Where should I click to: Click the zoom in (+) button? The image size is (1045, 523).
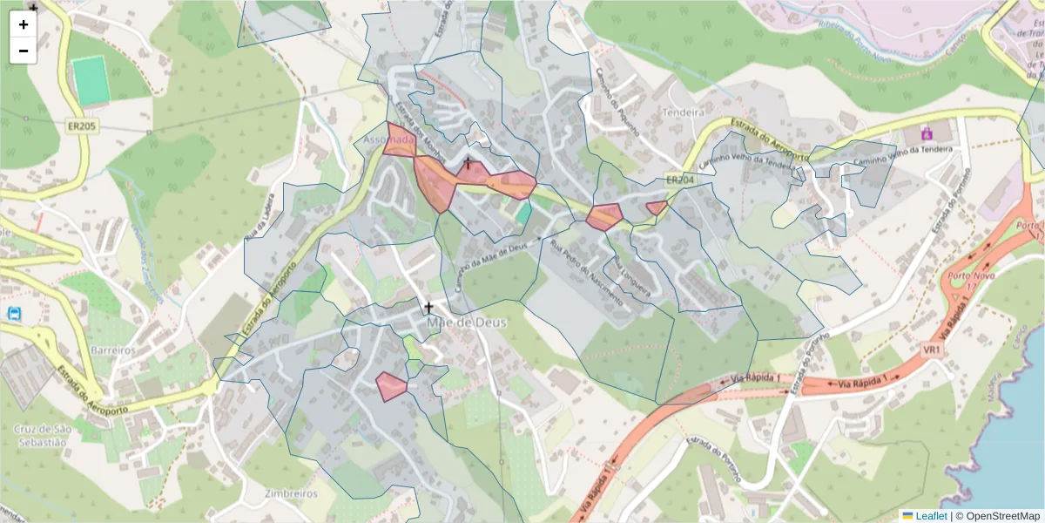click(24, 24)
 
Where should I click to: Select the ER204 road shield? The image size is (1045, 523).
click(680, 180)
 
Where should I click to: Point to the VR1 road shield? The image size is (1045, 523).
click(933, 350)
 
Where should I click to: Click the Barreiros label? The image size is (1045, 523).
click(112, 350)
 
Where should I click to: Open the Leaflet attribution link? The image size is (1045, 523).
click(930, 516)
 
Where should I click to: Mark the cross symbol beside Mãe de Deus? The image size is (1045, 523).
click(428, 307)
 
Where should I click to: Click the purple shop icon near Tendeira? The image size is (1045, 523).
click(926, 133)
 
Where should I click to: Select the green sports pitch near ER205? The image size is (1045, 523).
click(89, 80)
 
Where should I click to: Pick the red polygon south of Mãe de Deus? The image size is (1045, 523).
click(390, 386)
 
